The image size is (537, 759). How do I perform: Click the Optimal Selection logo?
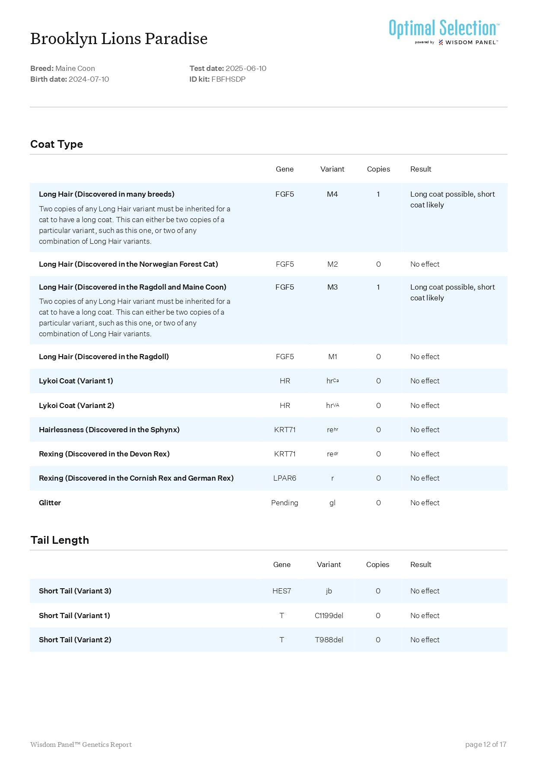[x=444, y=31]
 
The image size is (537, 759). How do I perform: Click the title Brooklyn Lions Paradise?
[x=119, y=39]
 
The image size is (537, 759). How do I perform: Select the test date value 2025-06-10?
[x=246, y=68]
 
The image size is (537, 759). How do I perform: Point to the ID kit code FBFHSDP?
[x=228, y=79]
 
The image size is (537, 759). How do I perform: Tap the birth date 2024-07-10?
[x=89, y=79]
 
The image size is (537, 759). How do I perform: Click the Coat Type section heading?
[x=57, y=144]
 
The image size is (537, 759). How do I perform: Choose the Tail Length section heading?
[x=60, y=540]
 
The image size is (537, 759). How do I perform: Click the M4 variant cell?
[x=332, y=194]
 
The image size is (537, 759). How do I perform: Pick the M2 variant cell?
[x=332, y=264]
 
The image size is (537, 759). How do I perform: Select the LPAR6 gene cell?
[x=284, y=478]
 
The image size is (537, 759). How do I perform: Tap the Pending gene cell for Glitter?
[x=284, y=503]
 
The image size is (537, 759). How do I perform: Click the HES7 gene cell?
[x=281, y=591]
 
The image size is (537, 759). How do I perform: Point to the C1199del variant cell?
[x=329, y=615]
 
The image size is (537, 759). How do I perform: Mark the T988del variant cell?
[x=329, y=640]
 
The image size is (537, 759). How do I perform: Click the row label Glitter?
[x=50, y=503]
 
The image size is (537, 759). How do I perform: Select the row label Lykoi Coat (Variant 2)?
[x=77, y=405]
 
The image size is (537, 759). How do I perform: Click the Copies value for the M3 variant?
[x=378, y=287]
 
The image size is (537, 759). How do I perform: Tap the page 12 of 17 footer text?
[x=486, y=744]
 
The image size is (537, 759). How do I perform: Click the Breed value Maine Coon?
[x=75, y=68]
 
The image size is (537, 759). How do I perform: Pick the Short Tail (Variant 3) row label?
[x=75, y=591]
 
